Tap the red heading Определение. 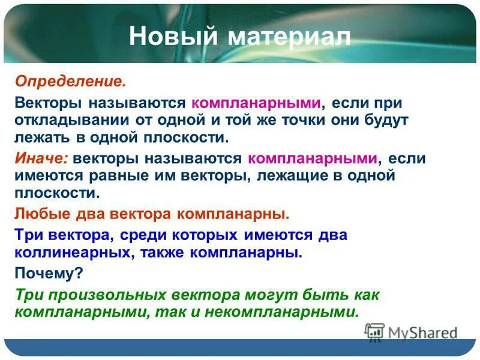point(70,80)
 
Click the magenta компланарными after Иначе point(313,158)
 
